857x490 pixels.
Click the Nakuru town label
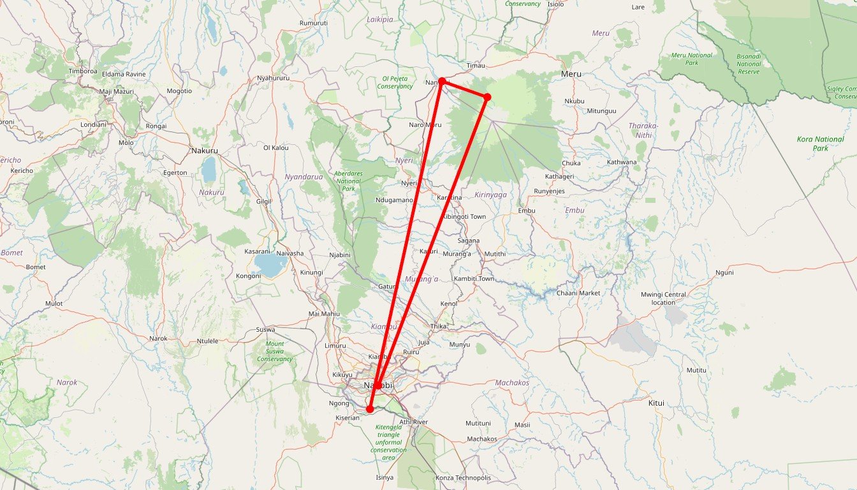point(204,151)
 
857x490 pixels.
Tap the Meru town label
point(571,75)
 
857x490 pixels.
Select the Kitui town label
point(656,403)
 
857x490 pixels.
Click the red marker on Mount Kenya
point(487,97)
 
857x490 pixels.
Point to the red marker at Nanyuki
point(441,81)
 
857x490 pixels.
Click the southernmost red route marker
point(370,409)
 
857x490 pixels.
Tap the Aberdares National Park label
point(348,181)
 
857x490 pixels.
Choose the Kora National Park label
point(820,144)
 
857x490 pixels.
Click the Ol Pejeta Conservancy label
point(395,82)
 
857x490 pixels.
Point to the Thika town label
point(439,327)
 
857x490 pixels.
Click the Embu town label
point(527,211)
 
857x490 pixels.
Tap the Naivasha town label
point(290,253)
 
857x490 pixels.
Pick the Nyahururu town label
point(273,78)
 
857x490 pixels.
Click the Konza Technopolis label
point(463,478)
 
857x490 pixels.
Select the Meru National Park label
point(691,59)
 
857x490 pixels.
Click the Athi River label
point(414,422)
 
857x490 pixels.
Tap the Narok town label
point(157,339)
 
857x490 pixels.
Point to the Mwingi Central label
point(663,298)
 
